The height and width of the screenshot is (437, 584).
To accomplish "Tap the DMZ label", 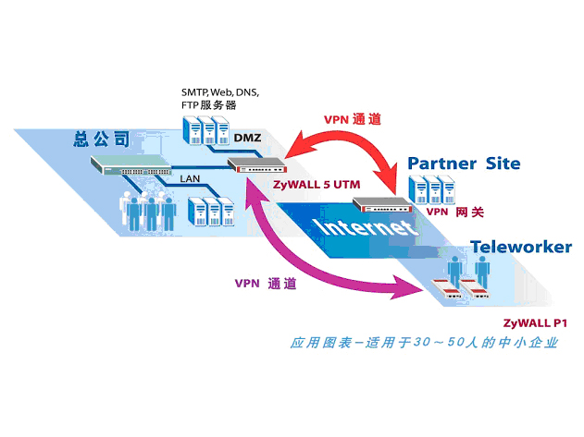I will click(247, 139).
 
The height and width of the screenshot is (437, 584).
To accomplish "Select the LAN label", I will click(191, 176).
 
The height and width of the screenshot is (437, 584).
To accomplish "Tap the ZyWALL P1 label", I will click(534, 322).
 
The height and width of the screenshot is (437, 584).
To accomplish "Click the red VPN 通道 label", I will click(352, 120).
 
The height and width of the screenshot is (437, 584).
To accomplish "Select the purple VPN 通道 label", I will click(265, 284).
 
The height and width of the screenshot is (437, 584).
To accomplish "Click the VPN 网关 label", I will click(450, 212).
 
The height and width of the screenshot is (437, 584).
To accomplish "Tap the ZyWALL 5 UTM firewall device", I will click(256, 167).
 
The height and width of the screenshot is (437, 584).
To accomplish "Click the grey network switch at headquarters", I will click(130, 166).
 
